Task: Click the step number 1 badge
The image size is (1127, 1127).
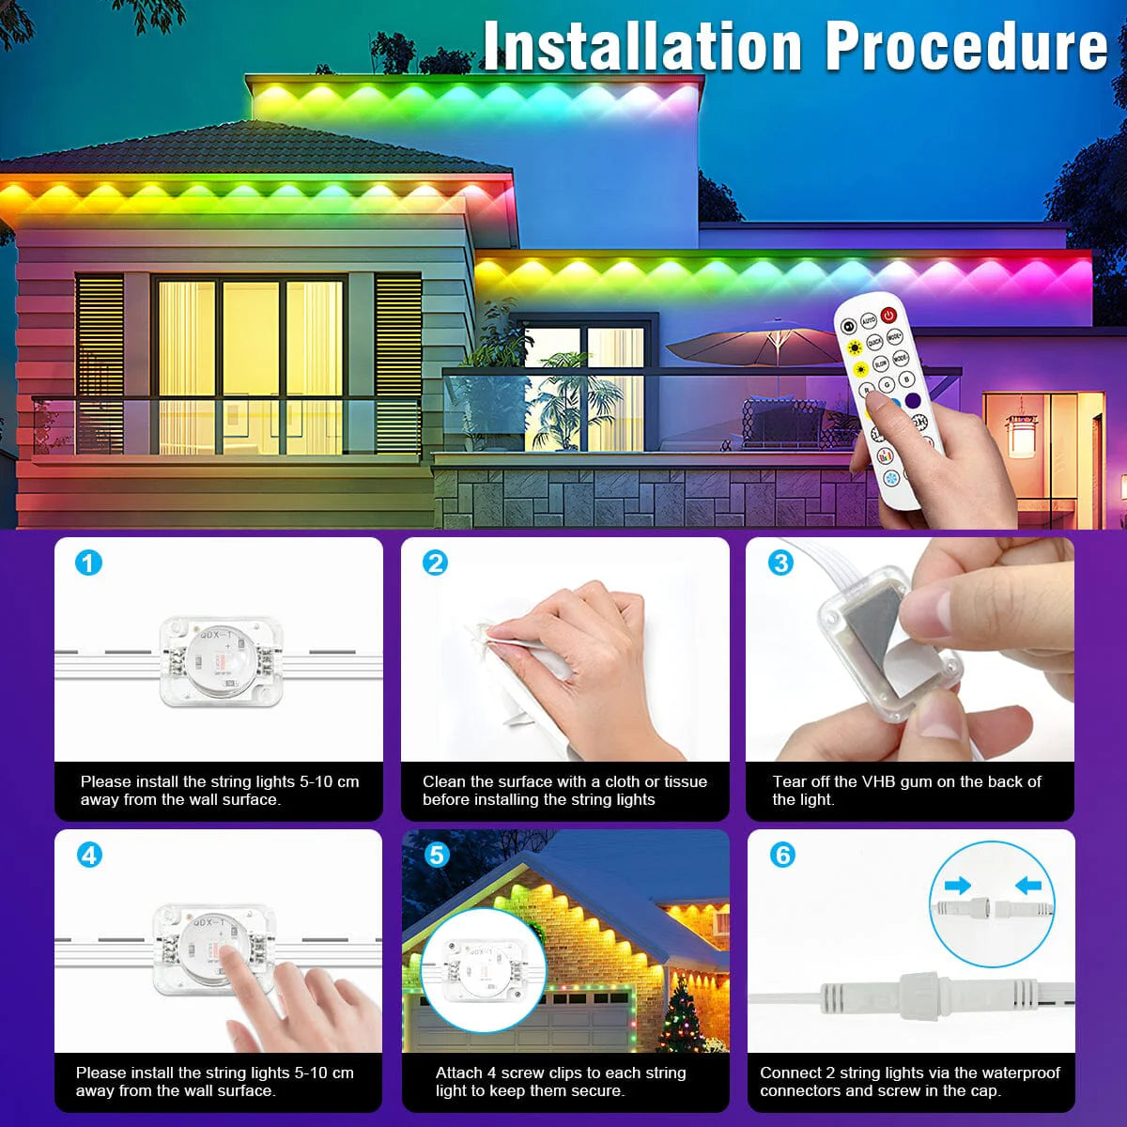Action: tap(88, 563)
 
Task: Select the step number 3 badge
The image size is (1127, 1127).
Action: tap(780, 563)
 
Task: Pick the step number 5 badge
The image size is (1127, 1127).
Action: tap(436, 855)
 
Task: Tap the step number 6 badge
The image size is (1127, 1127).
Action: tap(782, 855)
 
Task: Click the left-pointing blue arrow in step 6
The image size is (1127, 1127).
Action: tap(1028, 885)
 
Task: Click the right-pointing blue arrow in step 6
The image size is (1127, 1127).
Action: tap(958, 885)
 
